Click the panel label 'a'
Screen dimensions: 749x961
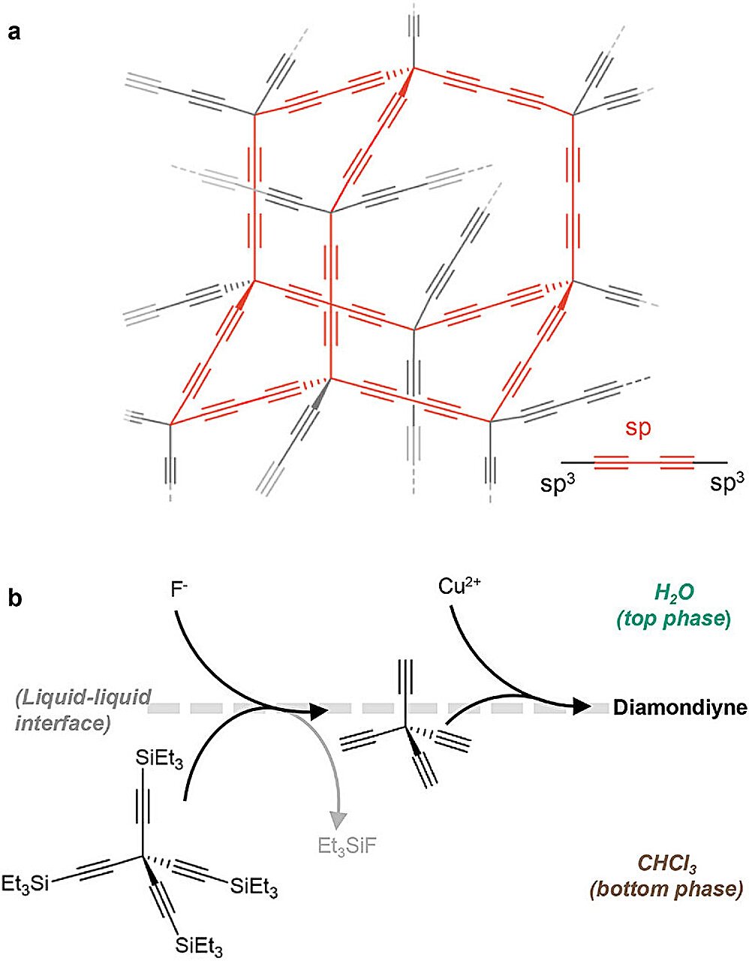click(14, 32)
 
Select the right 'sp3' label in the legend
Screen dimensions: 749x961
click(727, 481)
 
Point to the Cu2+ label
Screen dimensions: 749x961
click(459, 586)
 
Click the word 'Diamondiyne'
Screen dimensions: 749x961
click(680, 708)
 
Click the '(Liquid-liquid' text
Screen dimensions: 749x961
click(83, 698)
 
